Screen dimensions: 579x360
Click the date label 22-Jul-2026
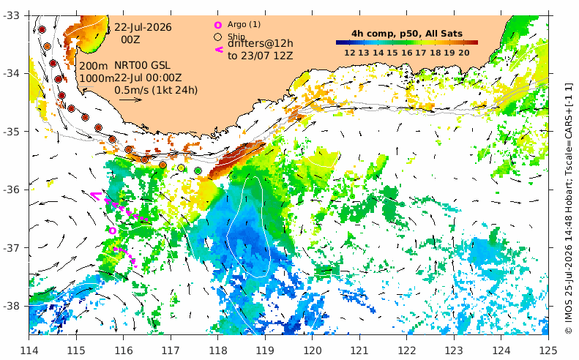pyautogui.click(x=143, y=27)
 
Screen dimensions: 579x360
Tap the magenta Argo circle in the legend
pyautogui.click(x=218, y=25)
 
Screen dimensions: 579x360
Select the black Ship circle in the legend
pyautogui.click(x=218, y=37)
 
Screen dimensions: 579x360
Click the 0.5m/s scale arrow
pyautogui.click(x=131, y=100)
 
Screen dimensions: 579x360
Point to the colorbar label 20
pyautogui.click(x=464, y=53)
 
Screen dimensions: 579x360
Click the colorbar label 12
pyautogui.click(x=350, y=53)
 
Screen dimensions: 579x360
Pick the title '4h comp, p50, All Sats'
pyautogui.click(x=406, y=34)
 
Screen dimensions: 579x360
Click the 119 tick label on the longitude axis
pyautogui.click(x=265, y=350)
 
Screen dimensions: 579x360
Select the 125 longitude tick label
pyautogui.click(x=548, y=350)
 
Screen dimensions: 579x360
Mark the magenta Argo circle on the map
pyautogui.click(x=113, y=230)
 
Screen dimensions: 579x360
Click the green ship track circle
pyautogui.click(x=198, y=170)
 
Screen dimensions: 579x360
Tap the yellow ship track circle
pyautogui.click(x=182, y=168)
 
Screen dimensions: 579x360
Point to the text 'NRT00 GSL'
pyautogui.click(x=142, y=65)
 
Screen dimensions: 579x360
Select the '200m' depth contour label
pyautogui.click(x=94, y=66)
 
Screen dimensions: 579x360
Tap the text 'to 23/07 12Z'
pyautogui.click(x=261, y=56)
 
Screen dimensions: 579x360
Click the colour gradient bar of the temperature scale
pyautogui.click(x=406, y=42)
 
